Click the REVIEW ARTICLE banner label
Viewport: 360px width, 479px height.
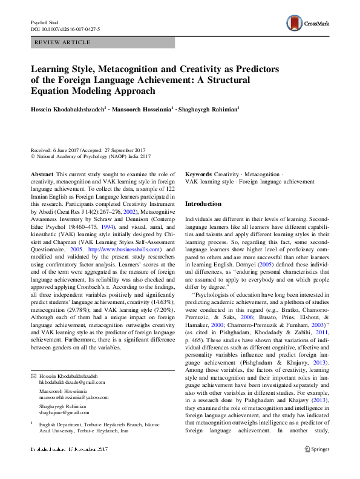63,42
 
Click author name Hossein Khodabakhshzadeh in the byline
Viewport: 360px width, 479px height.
71,109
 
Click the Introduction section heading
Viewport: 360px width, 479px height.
203,204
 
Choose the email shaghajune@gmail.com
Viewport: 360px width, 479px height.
64,395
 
